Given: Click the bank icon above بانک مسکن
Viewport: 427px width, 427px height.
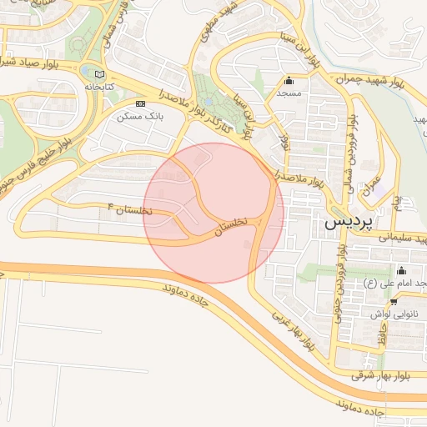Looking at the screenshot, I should (140, 103).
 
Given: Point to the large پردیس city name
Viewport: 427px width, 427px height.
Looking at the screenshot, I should (346, 223).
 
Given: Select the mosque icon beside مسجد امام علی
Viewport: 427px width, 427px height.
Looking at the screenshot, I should (401, 270).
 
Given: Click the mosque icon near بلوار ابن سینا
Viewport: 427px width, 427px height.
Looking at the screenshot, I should (289, 81).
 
